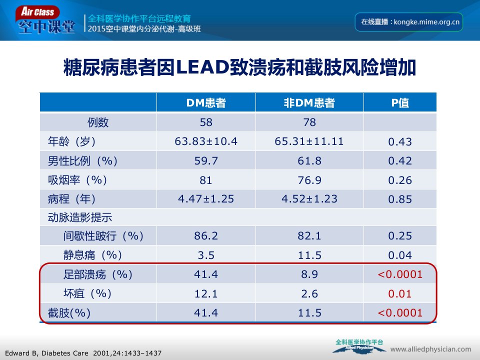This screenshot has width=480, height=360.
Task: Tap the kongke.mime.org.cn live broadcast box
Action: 408,22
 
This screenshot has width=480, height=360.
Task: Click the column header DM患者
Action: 206,103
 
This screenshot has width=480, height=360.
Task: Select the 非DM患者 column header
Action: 309,103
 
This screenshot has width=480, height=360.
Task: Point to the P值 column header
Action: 400,103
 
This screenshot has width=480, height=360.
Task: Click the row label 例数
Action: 98,122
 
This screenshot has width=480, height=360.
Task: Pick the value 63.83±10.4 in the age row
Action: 206,141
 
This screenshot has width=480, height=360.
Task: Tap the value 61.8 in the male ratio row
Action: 309,160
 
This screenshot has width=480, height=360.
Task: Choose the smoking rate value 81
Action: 205,180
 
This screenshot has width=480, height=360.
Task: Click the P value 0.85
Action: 400,199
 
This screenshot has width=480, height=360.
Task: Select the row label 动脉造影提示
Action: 80,217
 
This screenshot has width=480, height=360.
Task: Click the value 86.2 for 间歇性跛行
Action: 206,235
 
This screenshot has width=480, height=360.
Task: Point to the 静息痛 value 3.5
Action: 206,255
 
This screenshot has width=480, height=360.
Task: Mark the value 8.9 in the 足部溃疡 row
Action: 309,274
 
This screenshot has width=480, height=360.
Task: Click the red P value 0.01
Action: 400,294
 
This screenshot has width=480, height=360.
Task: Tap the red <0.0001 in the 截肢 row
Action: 400,313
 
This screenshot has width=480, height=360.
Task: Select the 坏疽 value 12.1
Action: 206,294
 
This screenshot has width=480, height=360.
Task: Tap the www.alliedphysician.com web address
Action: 430,349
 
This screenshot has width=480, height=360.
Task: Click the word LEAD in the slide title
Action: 202,67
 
